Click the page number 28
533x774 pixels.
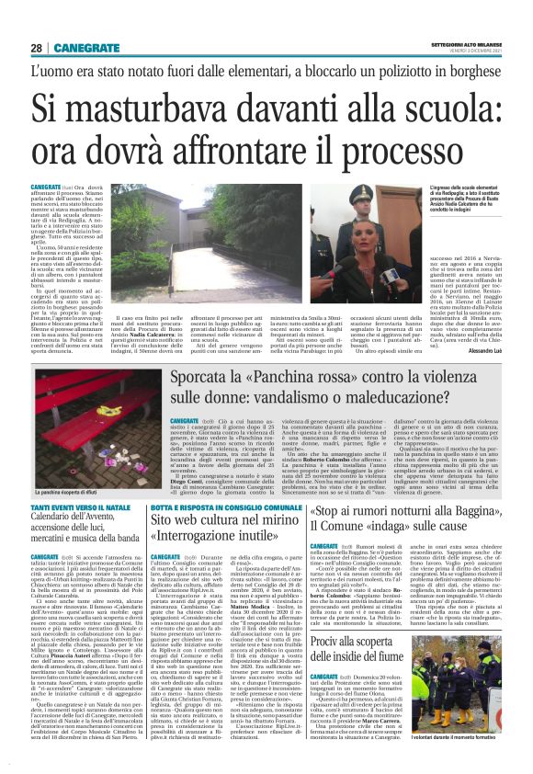coord(36,48)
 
